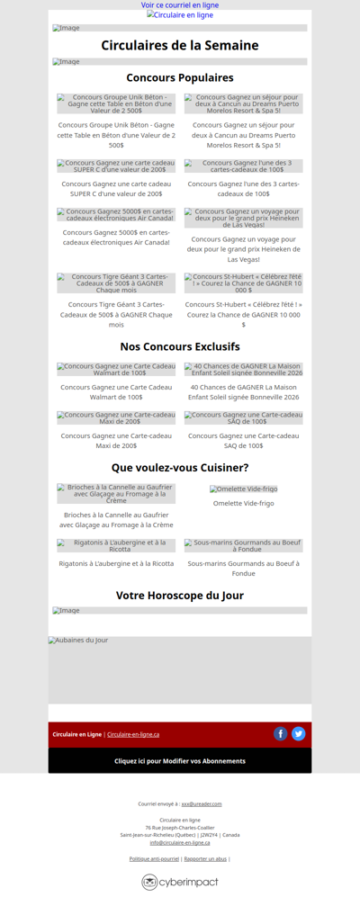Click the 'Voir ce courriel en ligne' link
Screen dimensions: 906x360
click(180, 5)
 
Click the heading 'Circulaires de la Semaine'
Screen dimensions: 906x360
click(180, 46)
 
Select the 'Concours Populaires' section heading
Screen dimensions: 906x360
click(180, 78)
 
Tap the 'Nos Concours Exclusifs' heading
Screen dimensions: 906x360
click(180, 346)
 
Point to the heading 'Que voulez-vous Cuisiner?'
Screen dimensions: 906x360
click(180, 468)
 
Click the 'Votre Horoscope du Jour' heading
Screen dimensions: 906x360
click(180, 596)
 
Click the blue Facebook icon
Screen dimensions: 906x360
click(281, 734)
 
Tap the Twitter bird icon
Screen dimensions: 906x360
click(299, 734)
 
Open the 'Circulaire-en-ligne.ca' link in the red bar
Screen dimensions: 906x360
click(133, 734)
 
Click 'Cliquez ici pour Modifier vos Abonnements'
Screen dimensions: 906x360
click(180, 761)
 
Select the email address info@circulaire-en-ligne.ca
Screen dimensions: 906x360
click(180, 843)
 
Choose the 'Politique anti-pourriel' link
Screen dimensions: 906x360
click(154, 859)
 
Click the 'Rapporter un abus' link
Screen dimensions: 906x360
click(205, 859)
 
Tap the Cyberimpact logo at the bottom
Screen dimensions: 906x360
click(180, 883)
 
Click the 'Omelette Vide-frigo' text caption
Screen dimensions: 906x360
click(244, 504)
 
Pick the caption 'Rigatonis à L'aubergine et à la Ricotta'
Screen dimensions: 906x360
click(116, 563)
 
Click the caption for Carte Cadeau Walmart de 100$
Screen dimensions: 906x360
click(116, 392)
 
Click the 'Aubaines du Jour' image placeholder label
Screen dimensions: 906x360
click(79, 641)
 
